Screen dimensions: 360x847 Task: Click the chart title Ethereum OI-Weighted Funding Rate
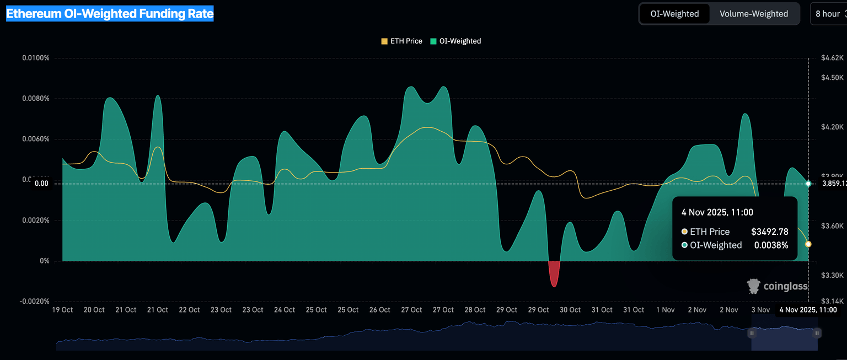click(110, 14)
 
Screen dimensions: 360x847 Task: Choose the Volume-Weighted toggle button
click(753, 14)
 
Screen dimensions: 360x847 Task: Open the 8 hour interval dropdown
click(828, 14)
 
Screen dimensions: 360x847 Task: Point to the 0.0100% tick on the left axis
click(36, 58)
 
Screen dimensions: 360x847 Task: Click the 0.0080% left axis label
click(36, 99)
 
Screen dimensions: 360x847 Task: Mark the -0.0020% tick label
click(35, 302)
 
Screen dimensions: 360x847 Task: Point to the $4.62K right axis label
click(832, 58)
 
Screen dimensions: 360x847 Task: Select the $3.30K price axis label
click(832, 275)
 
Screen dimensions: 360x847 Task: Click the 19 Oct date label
click(62, 310)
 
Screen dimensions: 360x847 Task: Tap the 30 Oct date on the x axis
click(570, 310)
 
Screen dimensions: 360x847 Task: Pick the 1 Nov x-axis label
click(665, 310)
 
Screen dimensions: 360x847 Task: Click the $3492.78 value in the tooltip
click(769, 232)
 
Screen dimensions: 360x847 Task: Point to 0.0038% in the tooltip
click(771, 245)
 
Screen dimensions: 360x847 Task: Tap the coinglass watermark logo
click(778, 286)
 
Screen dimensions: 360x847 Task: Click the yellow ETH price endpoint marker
click(808, 244)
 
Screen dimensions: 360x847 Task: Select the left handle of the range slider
click(752, 333)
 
